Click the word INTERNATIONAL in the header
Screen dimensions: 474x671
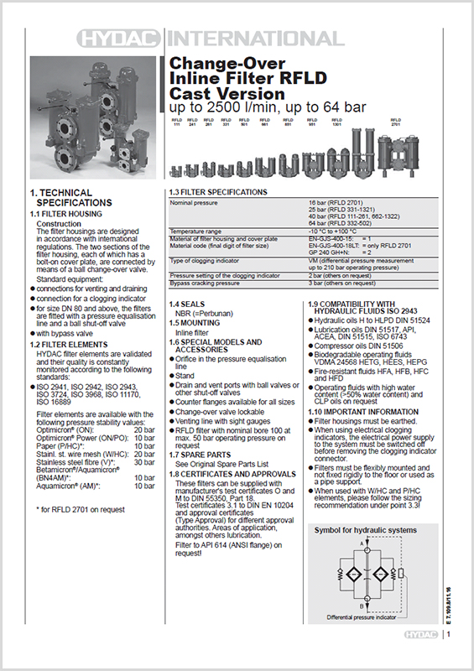255,39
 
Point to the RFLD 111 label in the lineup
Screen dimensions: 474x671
177,122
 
